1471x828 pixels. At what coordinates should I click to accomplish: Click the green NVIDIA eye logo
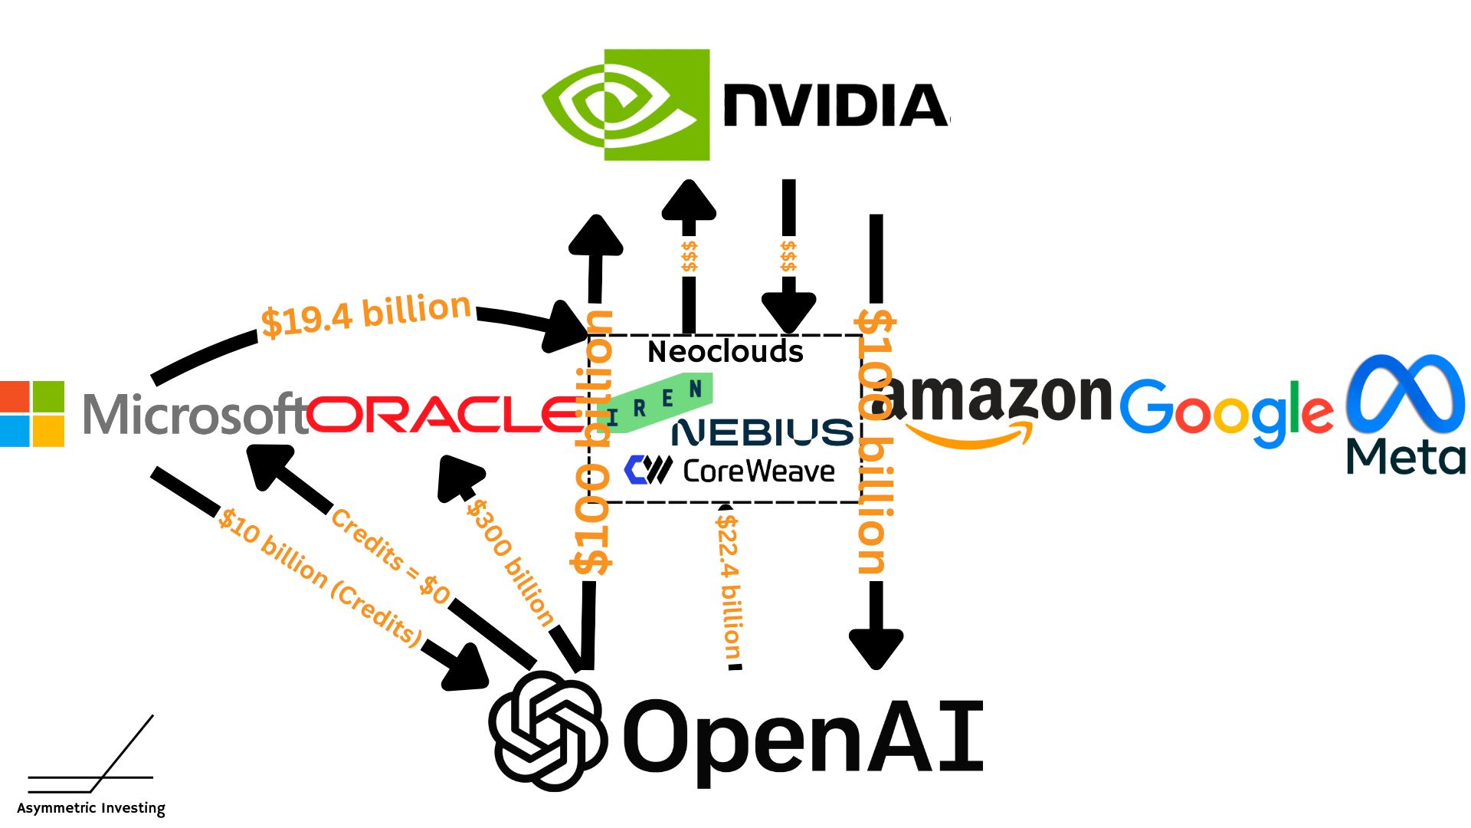[x=625, y=105]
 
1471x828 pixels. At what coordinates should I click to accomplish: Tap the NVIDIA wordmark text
[x=835, y=106]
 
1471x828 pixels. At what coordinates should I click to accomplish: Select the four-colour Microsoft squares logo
[x=32, y=414]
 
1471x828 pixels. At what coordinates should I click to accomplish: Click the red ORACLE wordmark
[x=444, y=414]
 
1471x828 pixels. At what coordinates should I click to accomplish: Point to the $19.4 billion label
[x=366, y=314]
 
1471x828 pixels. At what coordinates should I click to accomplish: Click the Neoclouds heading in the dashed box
[x=725, y=352]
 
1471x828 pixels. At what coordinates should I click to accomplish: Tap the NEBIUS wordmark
[x=762, y=433]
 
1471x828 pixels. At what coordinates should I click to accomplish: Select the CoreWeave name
[x=758, y=471]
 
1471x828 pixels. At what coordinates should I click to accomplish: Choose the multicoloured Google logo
[x=1226, y=412]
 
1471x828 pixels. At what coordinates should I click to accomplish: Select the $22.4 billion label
[x=729, y=586]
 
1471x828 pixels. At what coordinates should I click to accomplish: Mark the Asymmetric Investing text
[x=91, y=808]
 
